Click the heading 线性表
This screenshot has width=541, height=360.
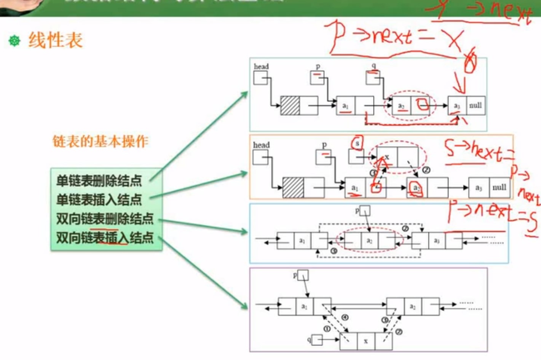[56, 40]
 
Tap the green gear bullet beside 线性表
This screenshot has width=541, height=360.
[14, 41]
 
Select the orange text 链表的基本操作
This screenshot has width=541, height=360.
[100, 142]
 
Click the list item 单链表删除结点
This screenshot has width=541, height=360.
[99, 180]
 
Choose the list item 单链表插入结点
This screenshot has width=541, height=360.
[99, 199]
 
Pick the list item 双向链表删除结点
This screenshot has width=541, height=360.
[105, 219]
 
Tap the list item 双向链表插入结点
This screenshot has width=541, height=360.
[105, 238]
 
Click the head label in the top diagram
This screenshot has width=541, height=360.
[261, 67]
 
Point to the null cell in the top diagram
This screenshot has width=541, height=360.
[475, 105]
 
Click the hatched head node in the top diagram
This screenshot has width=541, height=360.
[290, 105]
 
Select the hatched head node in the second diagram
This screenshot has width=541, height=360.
[293, 187]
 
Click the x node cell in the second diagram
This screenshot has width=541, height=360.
[387, 157]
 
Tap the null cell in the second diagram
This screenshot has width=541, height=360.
[499, 187]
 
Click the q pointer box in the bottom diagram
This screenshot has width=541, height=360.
[317, 339]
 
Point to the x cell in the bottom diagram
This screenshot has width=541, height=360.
[365, 341]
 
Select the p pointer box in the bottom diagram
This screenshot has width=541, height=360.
[303, 275]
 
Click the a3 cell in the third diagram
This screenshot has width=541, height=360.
[437, 241]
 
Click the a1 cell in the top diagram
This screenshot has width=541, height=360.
[345, 106]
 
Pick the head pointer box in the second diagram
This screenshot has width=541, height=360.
[260, 157]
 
